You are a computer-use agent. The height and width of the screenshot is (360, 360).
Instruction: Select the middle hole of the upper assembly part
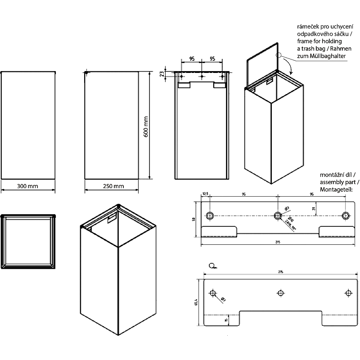(278, 215)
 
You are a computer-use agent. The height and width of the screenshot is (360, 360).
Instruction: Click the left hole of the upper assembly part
(210, 215)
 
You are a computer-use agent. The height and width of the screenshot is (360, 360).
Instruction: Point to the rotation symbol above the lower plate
(212, 266)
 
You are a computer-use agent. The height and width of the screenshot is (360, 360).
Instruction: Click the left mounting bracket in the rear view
(184, 85)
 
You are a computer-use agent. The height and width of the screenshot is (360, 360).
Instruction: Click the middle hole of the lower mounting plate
(280, 293)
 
